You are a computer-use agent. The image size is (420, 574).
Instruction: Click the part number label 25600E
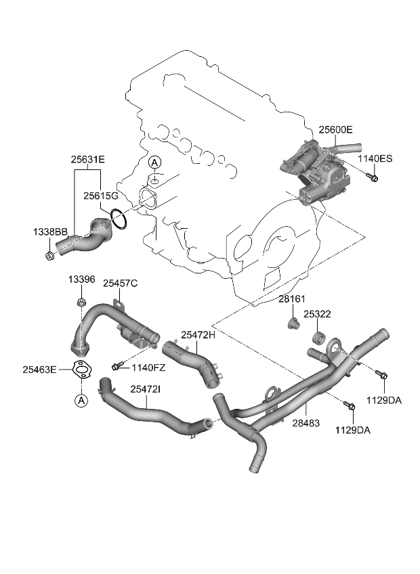coord(335,129)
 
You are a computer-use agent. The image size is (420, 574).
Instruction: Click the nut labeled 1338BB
coord(51,255)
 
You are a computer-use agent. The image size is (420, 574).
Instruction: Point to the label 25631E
coord(88,160)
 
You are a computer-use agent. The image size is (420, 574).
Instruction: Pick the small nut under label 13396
coord(81,303)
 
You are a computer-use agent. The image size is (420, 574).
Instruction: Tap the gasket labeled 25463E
coord(82,370)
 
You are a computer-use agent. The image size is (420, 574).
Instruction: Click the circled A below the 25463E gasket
coord(81,401)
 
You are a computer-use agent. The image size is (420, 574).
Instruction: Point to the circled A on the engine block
coord(154,162)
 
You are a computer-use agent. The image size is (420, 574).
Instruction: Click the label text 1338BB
coord(50,232)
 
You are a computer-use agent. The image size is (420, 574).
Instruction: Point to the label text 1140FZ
coord(148,367)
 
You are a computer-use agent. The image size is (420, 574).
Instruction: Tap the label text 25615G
coord(101,196)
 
